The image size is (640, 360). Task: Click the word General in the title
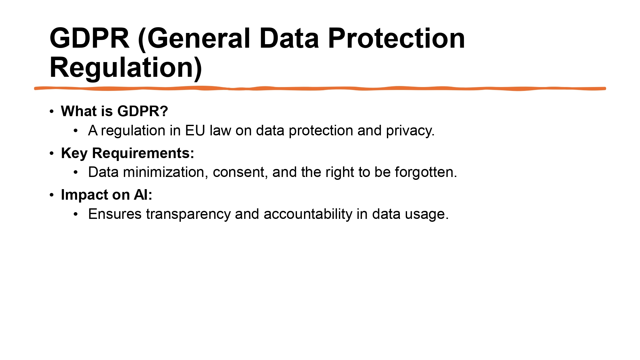(198, 38)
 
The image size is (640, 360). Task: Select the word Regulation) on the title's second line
(126, 68)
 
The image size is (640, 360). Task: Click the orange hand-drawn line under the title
(320, 88)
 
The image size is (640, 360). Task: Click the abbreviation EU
(195, 131)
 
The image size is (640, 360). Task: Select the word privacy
(410, 131)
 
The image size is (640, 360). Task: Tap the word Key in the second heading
(74, 153)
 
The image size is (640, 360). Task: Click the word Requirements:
(143, 153)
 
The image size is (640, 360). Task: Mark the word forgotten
(426, 172)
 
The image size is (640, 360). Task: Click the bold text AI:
(143, 195)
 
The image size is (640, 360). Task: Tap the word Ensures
(115, 214)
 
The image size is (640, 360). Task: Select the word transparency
(188, 214)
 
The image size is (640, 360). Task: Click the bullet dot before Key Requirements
(52, 153)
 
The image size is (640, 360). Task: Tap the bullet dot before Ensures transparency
(76, 214)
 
